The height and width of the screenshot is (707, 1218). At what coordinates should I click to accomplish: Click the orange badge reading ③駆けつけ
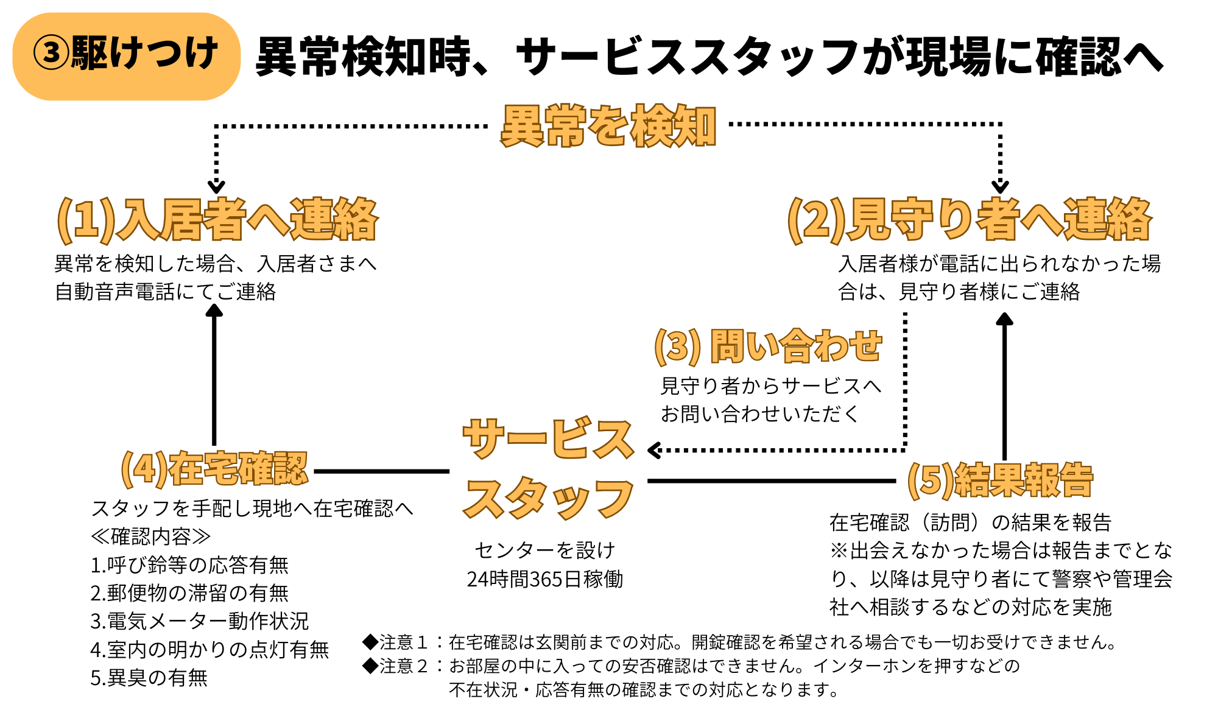pyautogui.click(x=126, y=56)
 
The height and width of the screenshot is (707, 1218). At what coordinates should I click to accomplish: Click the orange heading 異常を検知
pyautogui.click(x=608, y=126)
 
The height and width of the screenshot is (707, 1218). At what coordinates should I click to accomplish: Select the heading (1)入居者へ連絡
pyautogui.click(x=217, y=220)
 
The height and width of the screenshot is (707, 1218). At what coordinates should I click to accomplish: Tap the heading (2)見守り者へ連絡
pyautogui.click(x=970, y=220)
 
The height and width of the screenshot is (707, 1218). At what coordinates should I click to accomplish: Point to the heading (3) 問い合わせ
pyautogui.click(x=768, y=346)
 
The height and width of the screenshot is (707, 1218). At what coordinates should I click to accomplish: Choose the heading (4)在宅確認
pyautogui.click(x=214, y=470)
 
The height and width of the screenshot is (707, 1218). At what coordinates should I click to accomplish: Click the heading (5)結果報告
pyautogui.click(x=1000, y=480)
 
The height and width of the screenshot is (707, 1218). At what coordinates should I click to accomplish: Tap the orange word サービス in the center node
pyautogui.click(x=548, y=438)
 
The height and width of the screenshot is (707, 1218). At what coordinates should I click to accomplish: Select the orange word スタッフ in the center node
pyautogui.click(x=548, y=498)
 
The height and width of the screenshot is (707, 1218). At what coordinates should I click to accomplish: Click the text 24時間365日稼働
pyautogui.click(x=545, y=579)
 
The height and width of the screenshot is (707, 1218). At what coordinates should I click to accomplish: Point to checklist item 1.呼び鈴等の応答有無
pyautogui.click(x=189, y=565)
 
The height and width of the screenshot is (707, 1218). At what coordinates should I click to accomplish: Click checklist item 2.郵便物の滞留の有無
pyautogui.click(x=189, y=593)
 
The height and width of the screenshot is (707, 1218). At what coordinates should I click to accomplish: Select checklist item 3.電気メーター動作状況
pyautogui.click(x=200, y=621)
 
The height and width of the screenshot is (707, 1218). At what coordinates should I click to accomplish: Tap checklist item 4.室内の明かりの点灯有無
pyautogui.click(x=209, y=650)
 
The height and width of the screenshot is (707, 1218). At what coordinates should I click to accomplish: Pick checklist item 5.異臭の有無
pyautogui.click(x=149, y=678)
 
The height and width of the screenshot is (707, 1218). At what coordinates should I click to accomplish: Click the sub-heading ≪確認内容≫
pyautogui.click(x=150, y=536)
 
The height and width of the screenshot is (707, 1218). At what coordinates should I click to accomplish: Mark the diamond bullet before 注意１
pyautogui.click(x=370, y=641)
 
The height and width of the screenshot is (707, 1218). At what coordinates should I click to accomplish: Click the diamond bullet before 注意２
pyautogui.click(x=370, y=665)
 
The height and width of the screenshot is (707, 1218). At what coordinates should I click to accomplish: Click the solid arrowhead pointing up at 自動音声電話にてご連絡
pyautogui.click(x=214, y=310)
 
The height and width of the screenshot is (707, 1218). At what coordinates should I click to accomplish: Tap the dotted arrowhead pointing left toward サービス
pyautogui.click(x=655, y=451)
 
